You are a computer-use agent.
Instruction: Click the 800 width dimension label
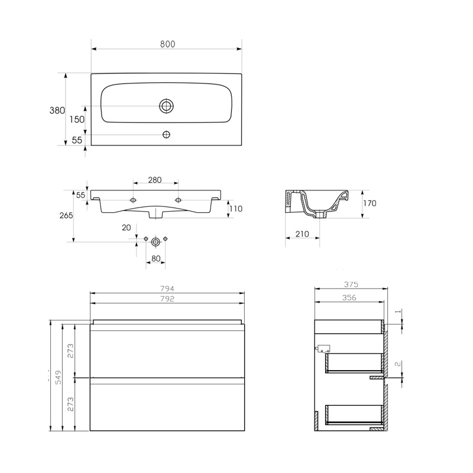point(167,44)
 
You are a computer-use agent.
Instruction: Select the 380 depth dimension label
point(57,111)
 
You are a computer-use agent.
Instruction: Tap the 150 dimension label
point(77,119)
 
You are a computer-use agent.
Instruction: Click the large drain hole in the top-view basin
point(166,106)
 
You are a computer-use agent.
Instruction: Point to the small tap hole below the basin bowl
point(166,134)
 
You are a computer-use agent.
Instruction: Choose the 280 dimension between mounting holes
point(155,180)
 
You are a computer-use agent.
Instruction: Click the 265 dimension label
point(66,216)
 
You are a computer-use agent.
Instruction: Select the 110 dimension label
point(237,209)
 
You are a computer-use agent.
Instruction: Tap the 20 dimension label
point(126,228)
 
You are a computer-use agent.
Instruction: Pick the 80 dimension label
point(155,258)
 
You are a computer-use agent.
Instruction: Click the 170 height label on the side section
point(370,203)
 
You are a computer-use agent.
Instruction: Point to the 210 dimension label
point(302,234)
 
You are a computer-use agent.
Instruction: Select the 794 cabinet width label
point(167,289)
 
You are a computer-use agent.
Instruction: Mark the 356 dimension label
point(349,298)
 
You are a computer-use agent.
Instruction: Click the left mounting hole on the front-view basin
point(134,200)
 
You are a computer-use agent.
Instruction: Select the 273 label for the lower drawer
point(70,404)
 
